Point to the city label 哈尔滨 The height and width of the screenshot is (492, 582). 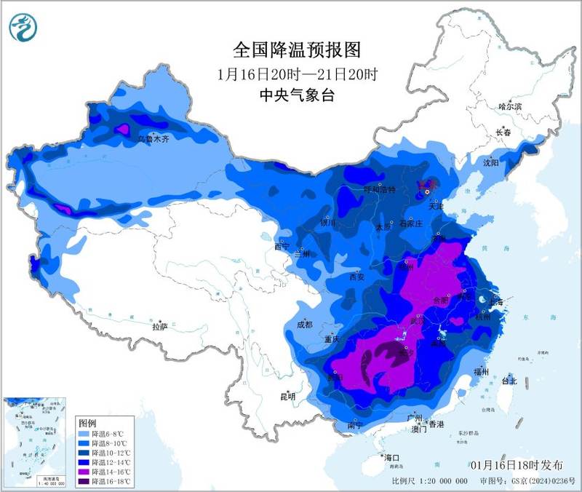[510, 106]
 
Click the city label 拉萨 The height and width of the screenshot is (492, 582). [159, 327]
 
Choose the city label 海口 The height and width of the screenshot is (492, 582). [393, 457]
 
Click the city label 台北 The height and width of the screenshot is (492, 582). [509, 381]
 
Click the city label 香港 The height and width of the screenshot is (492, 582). [435, 424]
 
